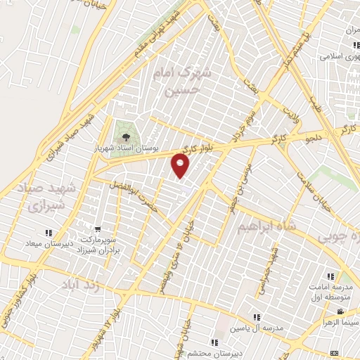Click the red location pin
(181, 166)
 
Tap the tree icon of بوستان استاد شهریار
(126, 136)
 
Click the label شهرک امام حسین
(186, 82)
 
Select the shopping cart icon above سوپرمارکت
(98, 229)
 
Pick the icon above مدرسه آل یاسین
(257, 318)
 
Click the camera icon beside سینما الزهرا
(340, 312)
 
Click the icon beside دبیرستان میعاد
(49, 233)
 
